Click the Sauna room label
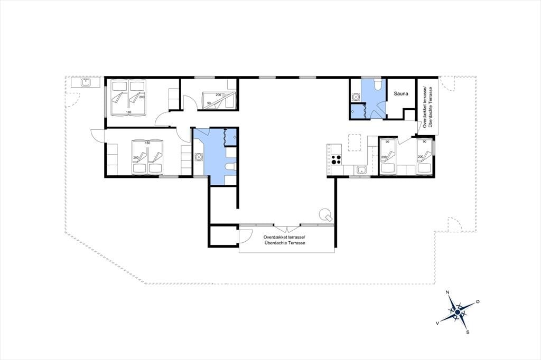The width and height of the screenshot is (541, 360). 401,93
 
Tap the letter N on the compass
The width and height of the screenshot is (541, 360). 447,292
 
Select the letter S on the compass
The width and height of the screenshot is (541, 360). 468,333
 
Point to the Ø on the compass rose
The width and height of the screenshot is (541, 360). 478,302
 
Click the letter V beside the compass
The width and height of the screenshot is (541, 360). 437,323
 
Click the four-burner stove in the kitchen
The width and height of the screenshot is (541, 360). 337,159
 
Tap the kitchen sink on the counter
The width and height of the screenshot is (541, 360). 361,169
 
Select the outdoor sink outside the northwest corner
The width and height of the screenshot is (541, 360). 85,82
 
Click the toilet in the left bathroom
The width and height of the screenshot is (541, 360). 230,167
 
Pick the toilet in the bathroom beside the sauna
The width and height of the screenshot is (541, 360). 378,84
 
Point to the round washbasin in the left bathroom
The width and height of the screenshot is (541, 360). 198,157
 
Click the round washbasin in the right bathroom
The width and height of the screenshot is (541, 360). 355,97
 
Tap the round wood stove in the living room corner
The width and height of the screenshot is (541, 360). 325,215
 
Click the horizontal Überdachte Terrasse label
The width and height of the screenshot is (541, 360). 285,243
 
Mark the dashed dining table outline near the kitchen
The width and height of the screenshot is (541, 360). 354,142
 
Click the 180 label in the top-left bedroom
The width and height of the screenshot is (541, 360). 129,112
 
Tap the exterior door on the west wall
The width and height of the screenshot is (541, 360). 98,135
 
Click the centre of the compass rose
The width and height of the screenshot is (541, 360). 457,312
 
